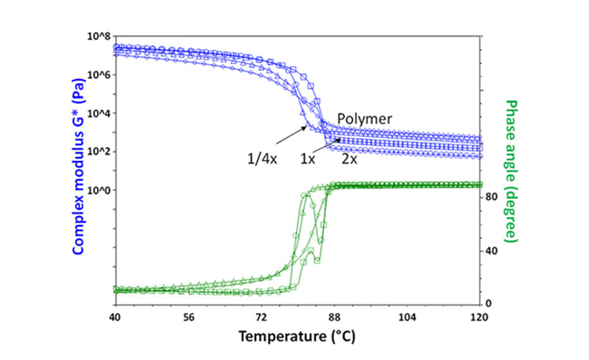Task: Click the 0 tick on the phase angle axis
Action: (491, 304)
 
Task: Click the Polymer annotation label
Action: (365, 119)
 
